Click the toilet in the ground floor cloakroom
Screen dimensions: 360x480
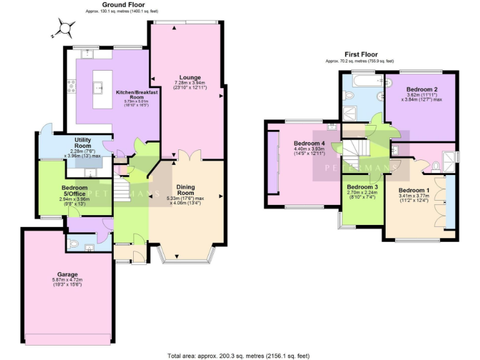(x=72, y=243)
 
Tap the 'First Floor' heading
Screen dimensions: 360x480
(x=359, y=54)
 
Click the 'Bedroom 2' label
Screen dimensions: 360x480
(x=421, y=89)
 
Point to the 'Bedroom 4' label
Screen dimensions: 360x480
(x=309, y=143)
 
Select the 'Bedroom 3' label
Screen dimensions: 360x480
(x=362, y=187)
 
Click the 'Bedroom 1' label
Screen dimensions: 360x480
(x=414, y=190)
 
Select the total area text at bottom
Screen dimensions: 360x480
(x=239, y=355)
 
